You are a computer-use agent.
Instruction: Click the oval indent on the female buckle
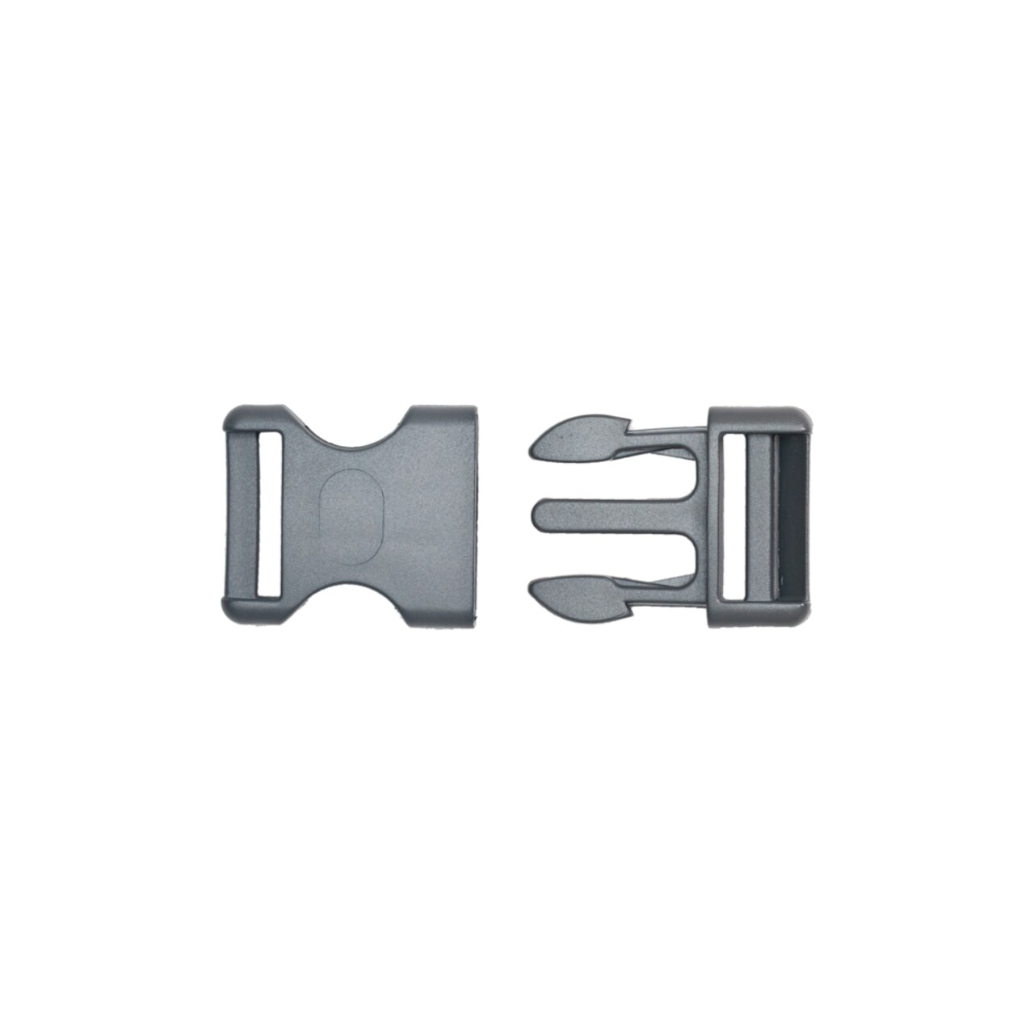tap(352, 516)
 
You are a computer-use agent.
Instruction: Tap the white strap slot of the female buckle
tap(268, 516)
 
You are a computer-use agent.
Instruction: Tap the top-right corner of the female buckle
tap(471, 410)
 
